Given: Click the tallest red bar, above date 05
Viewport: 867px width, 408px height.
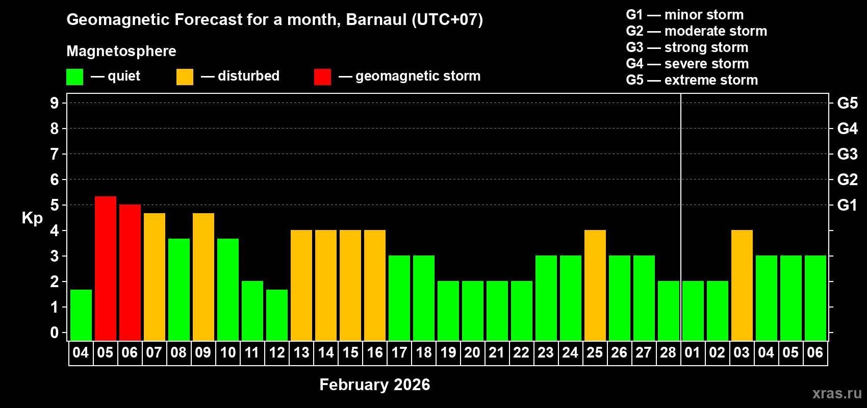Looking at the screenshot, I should tap(106, 268).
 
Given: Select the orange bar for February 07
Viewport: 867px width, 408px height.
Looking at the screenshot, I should tap(155, 276).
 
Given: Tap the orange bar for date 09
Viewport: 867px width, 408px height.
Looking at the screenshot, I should tap(203, 276).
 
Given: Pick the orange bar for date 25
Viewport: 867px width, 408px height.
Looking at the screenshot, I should tap(595, 285).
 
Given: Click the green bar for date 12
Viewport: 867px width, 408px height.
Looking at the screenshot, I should tap(277, 315).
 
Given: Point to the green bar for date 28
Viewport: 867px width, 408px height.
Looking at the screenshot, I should tap(669, 311).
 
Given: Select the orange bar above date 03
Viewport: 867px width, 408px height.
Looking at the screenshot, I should tap(742, 285).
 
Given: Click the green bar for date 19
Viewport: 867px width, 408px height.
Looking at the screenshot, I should tap(448, 311).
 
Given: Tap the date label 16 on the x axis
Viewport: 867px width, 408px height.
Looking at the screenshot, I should tap(375, 352).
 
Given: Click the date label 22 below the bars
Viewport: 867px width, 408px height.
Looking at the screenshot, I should tap(521, 352).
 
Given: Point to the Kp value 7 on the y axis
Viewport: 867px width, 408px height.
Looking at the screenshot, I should tap(55, 154).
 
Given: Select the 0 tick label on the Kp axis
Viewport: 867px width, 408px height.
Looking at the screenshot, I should tap(55, 333).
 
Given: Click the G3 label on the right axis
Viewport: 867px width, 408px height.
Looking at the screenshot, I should tap(847, 154).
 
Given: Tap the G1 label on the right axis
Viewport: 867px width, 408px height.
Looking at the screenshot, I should tap(847, 205).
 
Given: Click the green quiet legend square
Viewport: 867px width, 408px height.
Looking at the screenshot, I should tap(75, 77).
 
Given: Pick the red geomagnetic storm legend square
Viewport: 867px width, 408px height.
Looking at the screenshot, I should tap(322, 77).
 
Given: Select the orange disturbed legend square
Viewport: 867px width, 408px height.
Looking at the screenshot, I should tap(185, 77).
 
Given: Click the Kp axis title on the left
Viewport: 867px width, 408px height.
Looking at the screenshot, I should tap(32, 218).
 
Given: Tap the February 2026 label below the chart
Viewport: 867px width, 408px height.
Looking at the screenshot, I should tap(374, 385).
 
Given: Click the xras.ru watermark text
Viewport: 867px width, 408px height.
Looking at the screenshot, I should tap(837, 393).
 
